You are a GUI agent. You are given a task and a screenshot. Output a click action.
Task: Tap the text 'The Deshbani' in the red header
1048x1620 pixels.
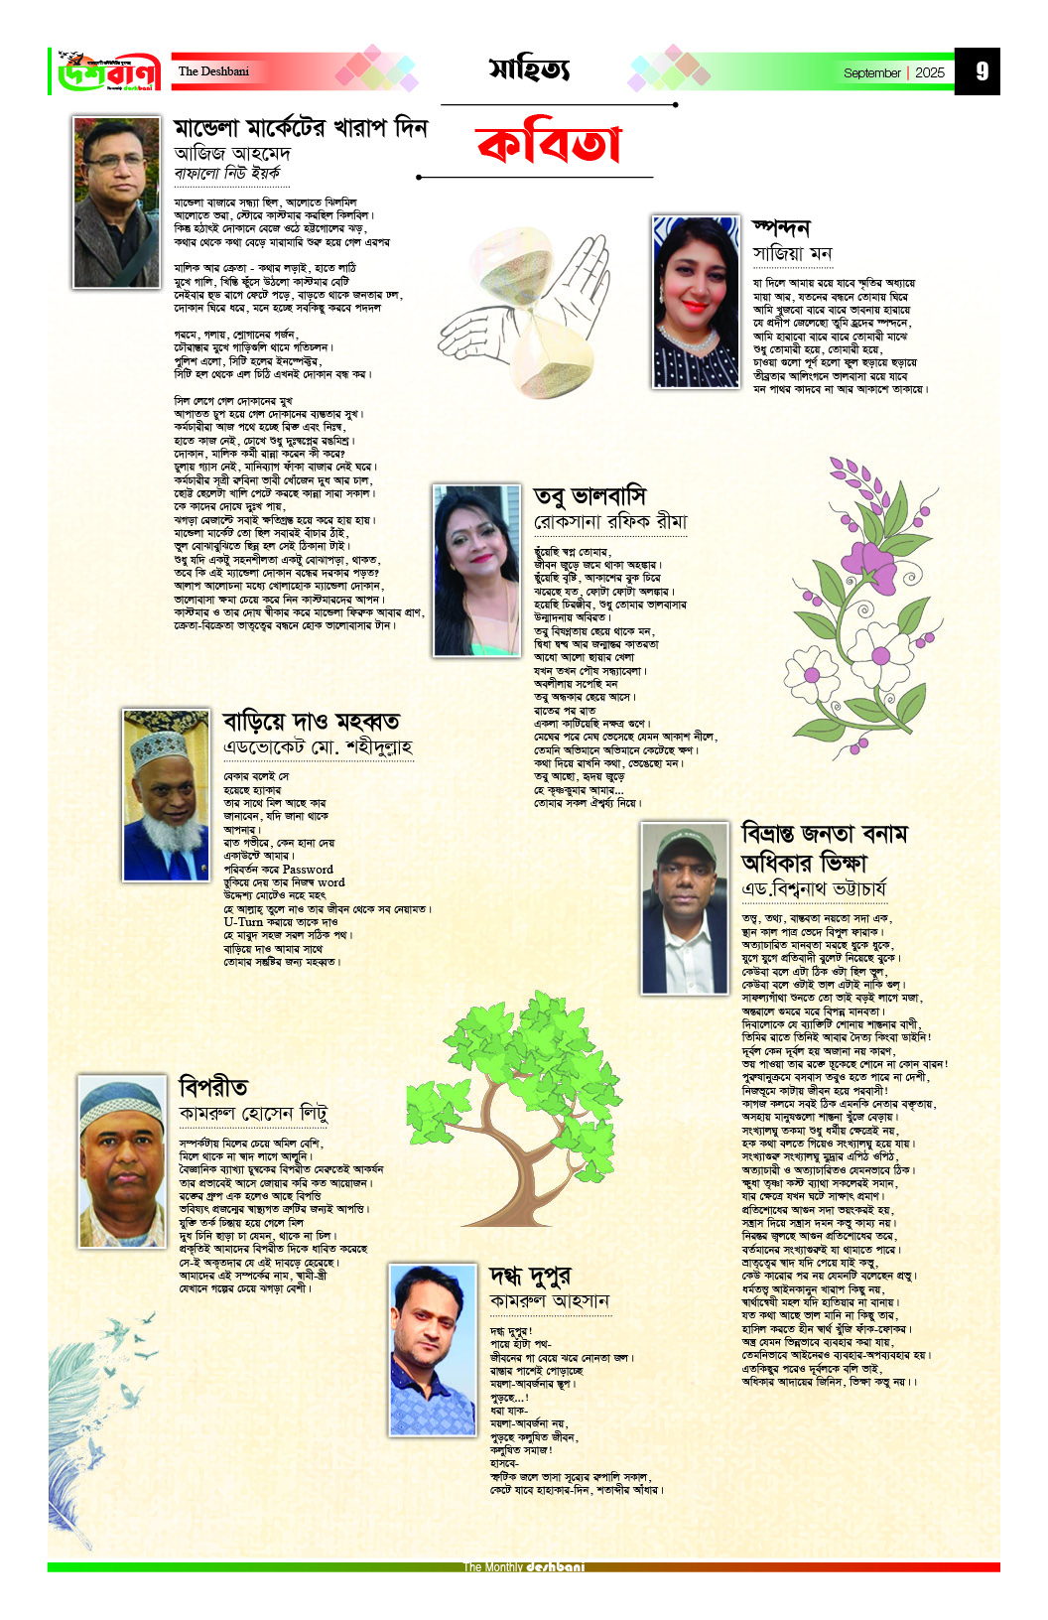[213, 71]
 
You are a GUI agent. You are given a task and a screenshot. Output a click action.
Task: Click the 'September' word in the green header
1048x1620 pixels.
[871, 72]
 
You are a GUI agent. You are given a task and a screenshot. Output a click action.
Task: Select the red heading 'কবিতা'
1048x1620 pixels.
[549, 145]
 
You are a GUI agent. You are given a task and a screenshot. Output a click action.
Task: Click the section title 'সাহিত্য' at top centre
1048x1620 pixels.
[529, 68]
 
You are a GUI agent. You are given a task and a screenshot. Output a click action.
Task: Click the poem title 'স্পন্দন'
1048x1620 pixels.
[781, 227]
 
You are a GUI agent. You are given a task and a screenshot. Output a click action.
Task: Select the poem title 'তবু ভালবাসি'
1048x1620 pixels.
[589, 495]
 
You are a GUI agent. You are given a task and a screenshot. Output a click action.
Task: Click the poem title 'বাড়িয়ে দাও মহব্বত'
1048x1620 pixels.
[311, 720]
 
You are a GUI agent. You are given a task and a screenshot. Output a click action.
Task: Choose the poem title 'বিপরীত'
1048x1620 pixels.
[213, 1086]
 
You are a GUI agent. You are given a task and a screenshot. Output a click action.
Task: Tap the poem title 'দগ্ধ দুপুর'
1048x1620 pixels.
[530, 1276]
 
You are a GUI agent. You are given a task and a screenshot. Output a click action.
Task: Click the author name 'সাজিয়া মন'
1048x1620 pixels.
[792, 253]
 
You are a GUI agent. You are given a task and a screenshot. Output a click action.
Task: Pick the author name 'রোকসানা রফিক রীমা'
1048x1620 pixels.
[610, 522]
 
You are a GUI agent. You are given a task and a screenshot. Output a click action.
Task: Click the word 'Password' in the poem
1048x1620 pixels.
[308, 869]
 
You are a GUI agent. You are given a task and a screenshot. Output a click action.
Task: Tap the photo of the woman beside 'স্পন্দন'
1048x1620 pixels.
[696, 302]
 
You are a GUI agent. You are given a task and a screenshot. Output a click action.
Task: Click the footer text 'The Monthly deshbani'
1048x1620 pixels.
[524, 1566]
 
